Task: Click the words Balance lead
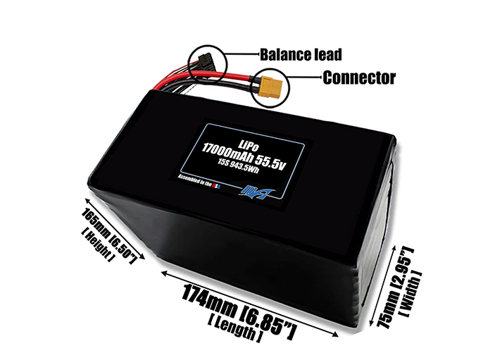[301, 55]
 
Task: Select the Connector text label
[359, 77]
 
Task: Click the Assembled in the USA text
[200, 181]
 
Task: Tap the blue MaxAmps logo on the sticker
[256, 192]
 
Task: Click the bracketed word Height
[97, 245]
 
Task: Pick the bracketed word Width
[410, 293]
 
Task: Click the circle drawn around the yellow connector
[270, 88]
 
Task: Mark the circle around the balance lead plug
[208, 64]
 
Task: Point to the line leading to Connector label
[306, 77]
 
